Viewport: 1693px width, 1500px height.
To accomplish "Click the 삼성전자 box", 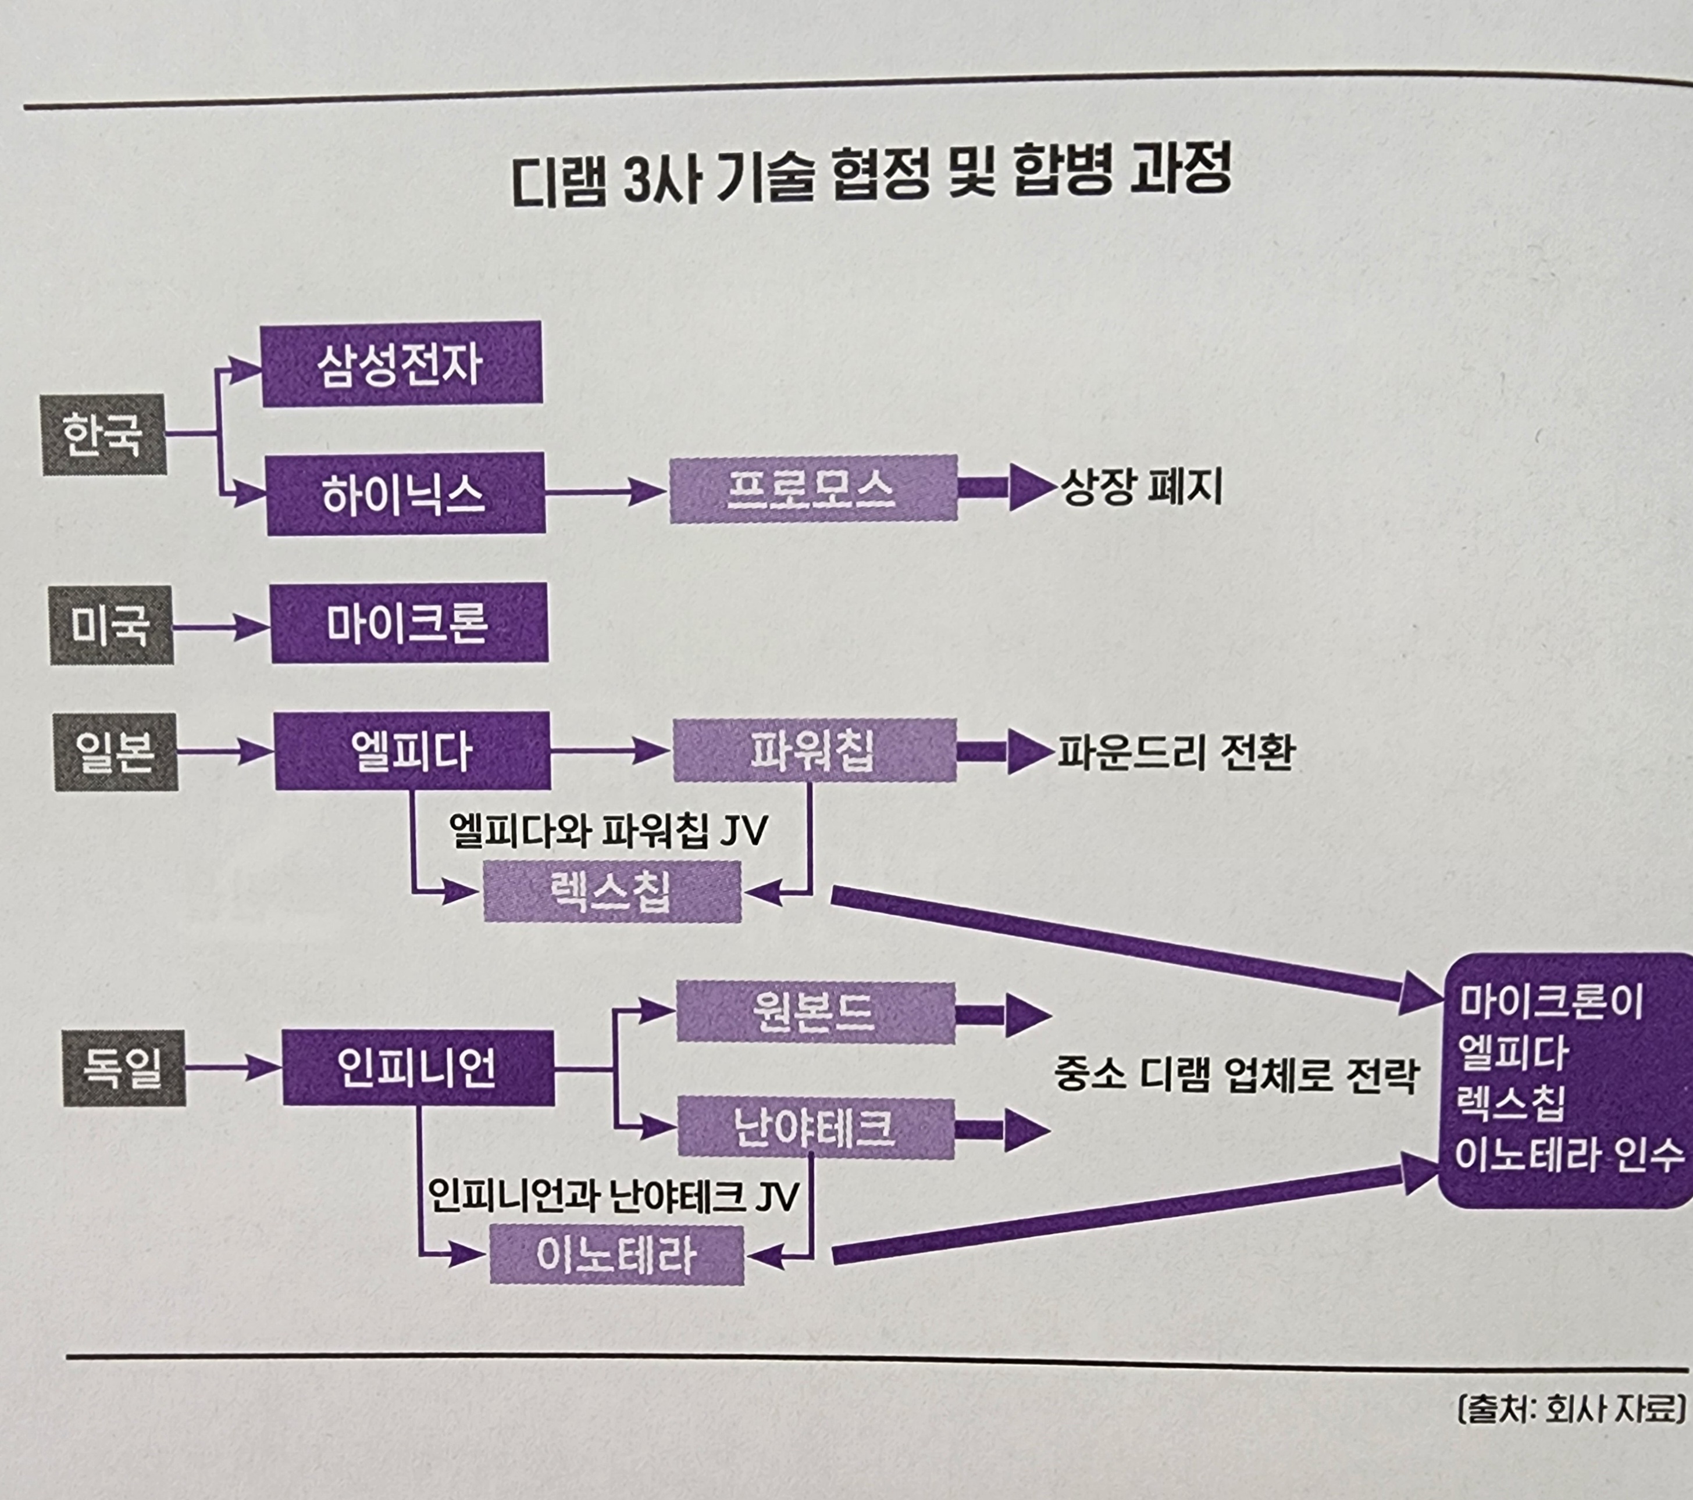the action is [402, 364].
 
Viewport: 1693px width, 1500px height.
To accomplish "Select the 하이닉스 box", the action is [405, 494].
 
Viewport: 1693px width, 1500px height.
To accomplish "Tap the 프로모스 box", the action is [812, 488].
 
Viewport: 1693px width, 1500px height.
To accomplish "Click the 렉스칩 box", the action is [612, 892].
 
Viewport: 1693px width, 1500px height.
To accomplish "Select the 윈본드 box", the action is [815, 1012].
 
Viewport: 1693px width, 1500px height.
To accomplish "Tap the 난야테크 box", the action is [815, 1127].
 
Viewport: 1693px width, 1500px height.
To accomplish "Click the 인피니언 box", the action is [418, 1068].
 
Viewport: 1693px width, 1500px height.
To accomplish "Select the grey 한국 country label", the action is [104, 435].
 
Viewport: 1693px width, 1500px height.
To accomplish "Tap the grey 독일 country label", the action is [124, 1068].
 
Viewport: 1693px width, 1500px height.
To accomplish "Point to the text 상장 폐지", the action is [1142, 488].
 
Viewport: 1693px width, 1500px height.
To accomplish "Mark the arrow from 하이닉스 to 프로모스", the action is [605, 493].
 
